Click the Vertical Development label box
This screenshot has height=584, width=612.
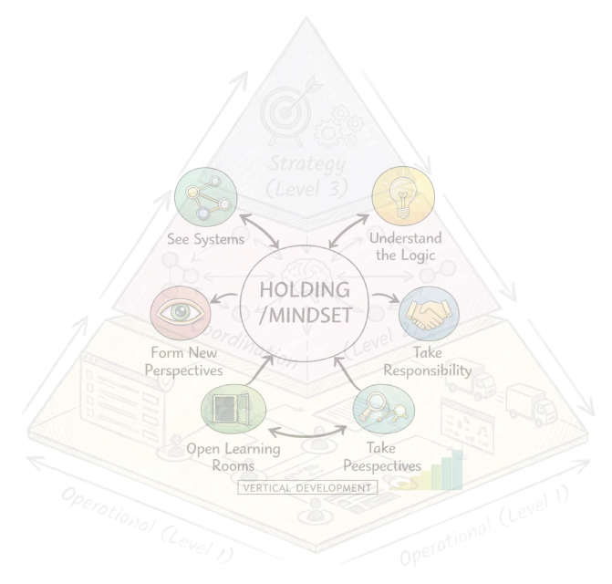point(306,487)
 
